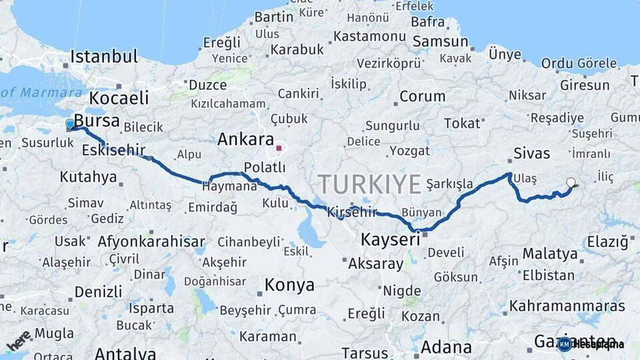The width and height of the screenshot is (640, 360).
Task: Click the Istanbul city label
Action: (x=104, y=56)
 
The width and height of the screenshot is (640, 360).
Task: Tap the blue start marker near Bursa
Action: (x=70, y=124)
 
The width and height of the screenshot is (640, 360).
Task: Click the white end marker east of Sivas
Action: (x=570, y=182)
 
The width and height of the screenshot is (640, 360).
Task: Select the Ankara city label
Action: (x=246, y=140)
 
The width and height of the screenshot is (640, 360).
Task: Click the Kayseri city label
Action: (x=391, y=239)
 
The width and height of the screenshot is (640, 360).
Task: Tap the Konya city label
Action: (x=289, y=285)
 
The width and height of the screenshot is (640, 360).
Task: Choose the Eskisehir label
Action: (x=113, y=151)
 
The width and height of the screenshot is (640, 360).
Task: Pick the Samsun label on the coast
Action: (x=440, y=41)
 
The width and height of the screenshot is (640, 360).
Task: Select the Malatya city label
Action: (x=550, y=253)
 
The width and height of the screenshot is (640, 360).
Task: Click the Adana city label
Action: (x=446, y=347)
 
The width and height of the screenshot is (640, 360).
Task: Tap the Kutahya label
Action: (x=88, y=177)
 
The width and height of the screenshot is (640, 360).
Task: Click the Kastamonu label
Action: (x=369, y=37)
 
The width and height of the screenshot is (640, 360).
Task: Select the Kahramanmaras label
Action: (x=567, y=306)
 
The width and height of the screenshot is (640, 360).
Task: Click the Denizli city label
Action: (x=98, y=291)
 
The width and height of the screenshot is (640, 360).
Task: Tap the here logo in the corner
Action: (x=19, y=341)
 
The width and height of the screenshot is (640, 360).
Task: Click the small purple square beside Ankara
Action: (x=279, y=148)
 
